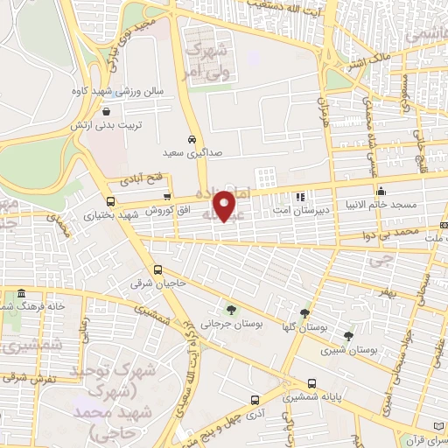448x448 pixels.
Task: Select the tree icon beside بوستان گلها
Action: click(x=304, y=312)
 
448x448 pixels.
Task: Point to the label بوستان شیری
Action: click(x=355, y=349)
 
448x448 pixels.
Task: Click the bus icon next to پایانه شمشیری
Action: click(x=312, y=383)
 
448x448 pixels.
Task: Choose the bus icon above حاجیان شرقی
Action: click(x=158, y=269)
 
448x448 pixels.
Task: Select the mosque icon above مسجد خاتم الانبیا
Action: click(x=380, y=191)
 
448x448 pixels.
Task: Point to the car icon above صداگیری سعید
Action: click(x=191, y=139)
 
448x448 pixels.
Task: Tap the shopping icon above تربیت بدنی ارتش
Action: click(x=106, y=112)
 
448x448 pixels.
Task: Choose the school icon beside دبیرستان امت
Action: click(x=299, y=198)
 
